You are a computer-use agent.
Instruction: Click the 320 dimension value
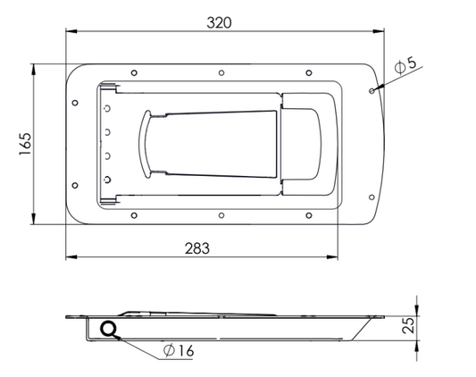[219, 23]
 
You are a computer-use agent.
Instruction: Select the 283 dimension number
[197, 248]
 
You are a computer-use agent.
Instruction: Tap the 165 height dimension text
[26, 144]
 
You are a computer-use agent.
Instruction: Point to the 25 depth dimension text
[408, 326]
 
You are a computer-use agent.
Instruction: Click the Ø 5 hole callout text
[405, 65]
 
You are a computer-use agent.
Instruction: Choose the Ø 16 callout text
[179, 350]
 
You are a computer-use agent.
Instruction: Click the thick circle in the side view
[108, 329]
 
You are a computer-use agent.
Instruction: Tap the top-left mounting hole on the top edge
[134, 73]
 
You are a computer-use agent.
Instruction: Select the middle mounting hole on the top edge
[221, 73]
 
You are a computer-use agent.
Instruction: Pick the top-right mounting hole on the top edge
[309, 73]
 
